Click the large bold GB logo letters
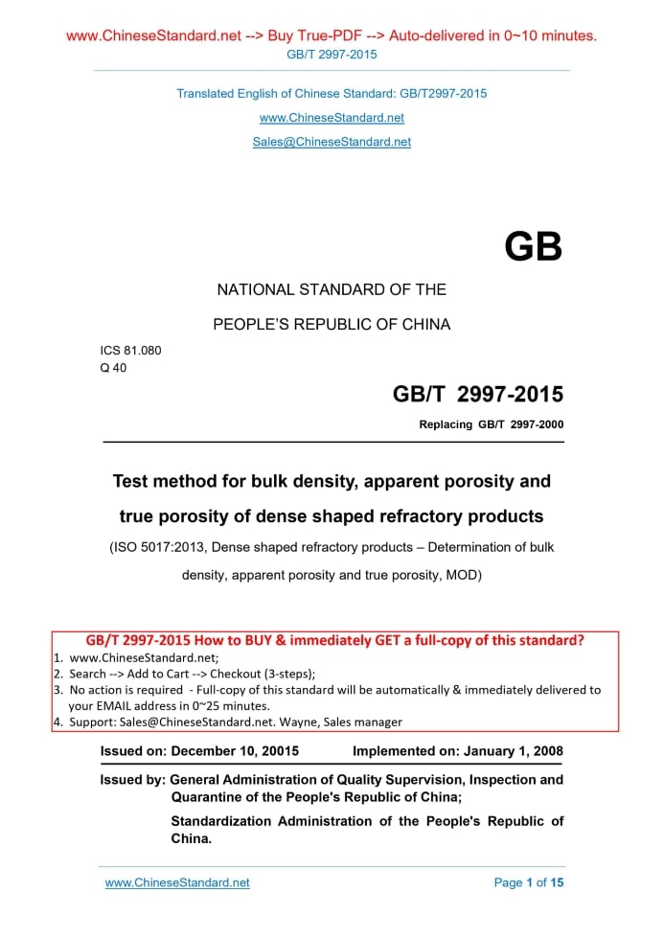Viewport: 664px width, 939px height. [x=533, y=247]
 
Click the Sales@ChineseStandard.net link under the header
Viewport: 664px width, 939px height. [x=332, y=142]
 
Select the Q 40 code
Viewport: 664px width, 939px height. [x=113, y=367]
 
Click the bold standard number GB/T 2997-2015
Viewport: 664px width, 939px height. [x=477, y=395]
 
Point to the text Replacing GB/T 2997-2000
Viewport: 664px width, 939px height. [x=491, y=424]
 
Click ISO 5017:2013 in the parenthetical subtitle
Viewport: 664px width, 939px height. [x=161, y=548]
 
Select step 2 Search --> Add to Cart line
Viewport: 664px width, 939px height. [x=192, y=674]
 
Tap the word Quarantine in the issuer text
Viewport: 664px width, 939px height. [x=214, y=797]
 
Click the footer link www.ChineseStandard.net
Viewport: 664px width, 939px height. [x=177, y=882]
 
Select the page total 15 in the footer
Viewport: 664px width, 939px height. [x=557, y=882]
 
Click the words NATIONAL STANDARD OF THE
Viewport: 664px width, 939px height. [x=332, y=289]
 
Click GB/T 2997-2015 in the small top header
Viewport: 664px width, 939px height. [x=332, y=55]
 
